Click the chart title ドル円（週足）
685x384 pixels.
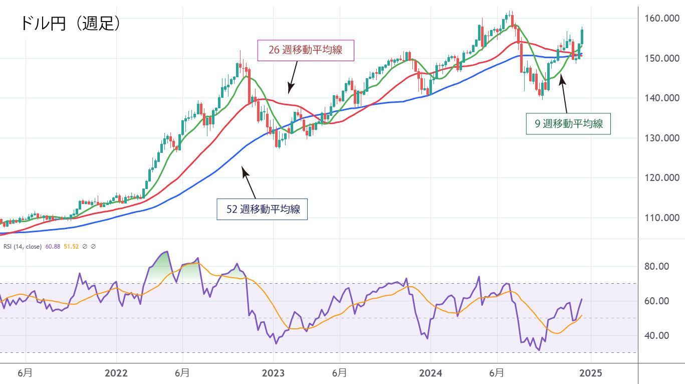tap(70, 23)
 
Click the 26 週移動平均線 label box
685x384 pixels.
tap(306, 51)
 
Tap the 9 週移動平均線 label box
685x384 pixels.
tap(569, 124)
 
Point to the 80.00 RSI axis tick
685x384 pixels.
tap(656, 266)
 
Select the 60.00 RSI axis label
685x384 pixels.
tap(656, 301)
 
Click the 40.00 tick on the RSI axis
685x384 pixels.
tap(656, 335)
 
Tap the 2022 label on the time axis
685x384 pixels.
tap(116, 373)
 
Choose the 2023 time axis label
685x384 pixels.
tap(273, 373)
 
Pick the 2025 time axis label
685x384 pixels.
tap(590, 373)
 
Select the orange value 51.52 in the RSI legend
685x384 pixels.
tap(72, 247)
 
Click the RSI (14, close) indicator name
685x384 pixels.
tap(23, 247)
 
